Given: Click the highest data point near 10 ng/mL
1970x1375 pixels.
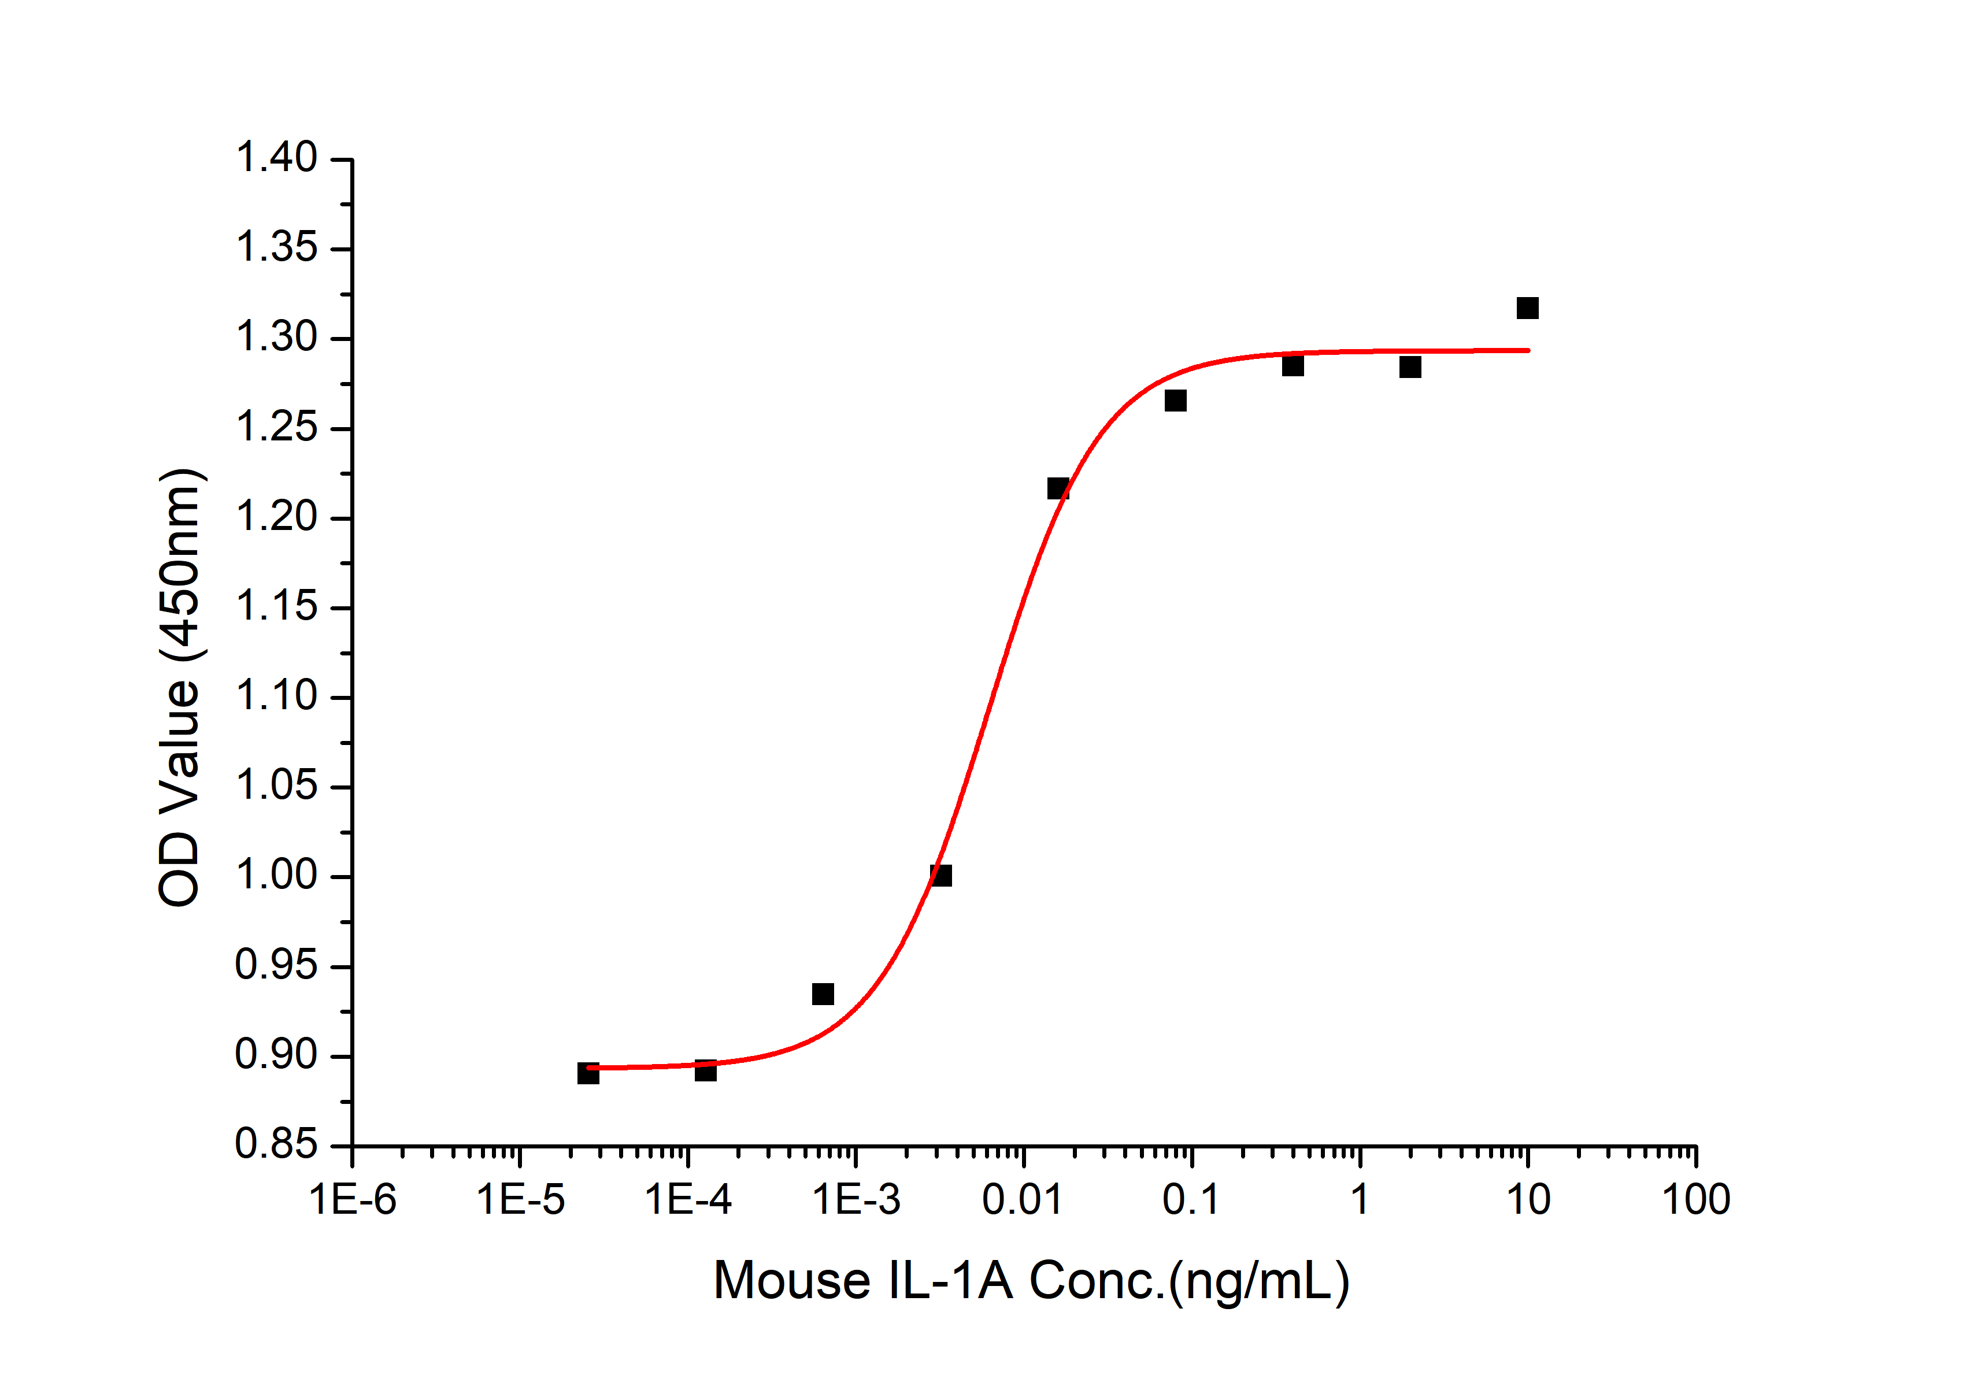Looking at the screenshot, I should pyautogui.click(x=1527, y=308).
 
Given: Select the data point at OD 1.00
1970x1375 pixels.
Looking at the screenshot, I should pyautogui.click(x=941, y=875).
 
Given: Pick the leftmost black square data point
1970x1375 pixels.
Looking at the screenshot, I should pyautogui.click(x=588, y=1073).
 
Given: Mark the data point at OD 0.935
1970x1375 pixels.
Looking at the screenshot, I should pyautogui.click(x=823, y=994).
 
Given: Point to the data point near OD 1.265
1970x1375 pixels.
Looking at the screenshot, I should pyautogui.click(x=1176, y=401).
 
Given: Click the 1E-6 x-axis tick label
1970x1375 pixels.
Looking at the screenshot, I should pyautogui.click(x=353, y=1199).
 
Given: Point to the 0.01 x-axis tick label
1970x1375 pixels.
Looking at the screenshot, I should pyautogui.click(x=1022, y=1199).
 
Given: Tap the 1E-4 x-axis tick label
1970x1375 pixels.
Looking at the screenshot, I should pyautogui.click(x=688, y=1199).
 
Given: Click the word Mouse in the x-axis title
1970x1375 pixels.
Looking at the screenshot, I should pyautogui.click(x=792, y=1281).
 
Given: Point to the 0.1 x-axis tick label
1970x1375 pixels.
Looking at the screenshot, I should pyautogui.click(x=1191, y=1199).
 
